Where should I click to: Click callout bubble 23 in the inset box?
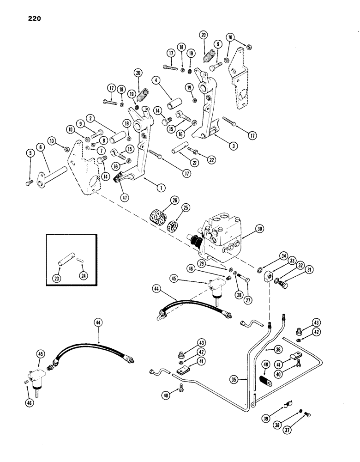coord(61,277)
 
